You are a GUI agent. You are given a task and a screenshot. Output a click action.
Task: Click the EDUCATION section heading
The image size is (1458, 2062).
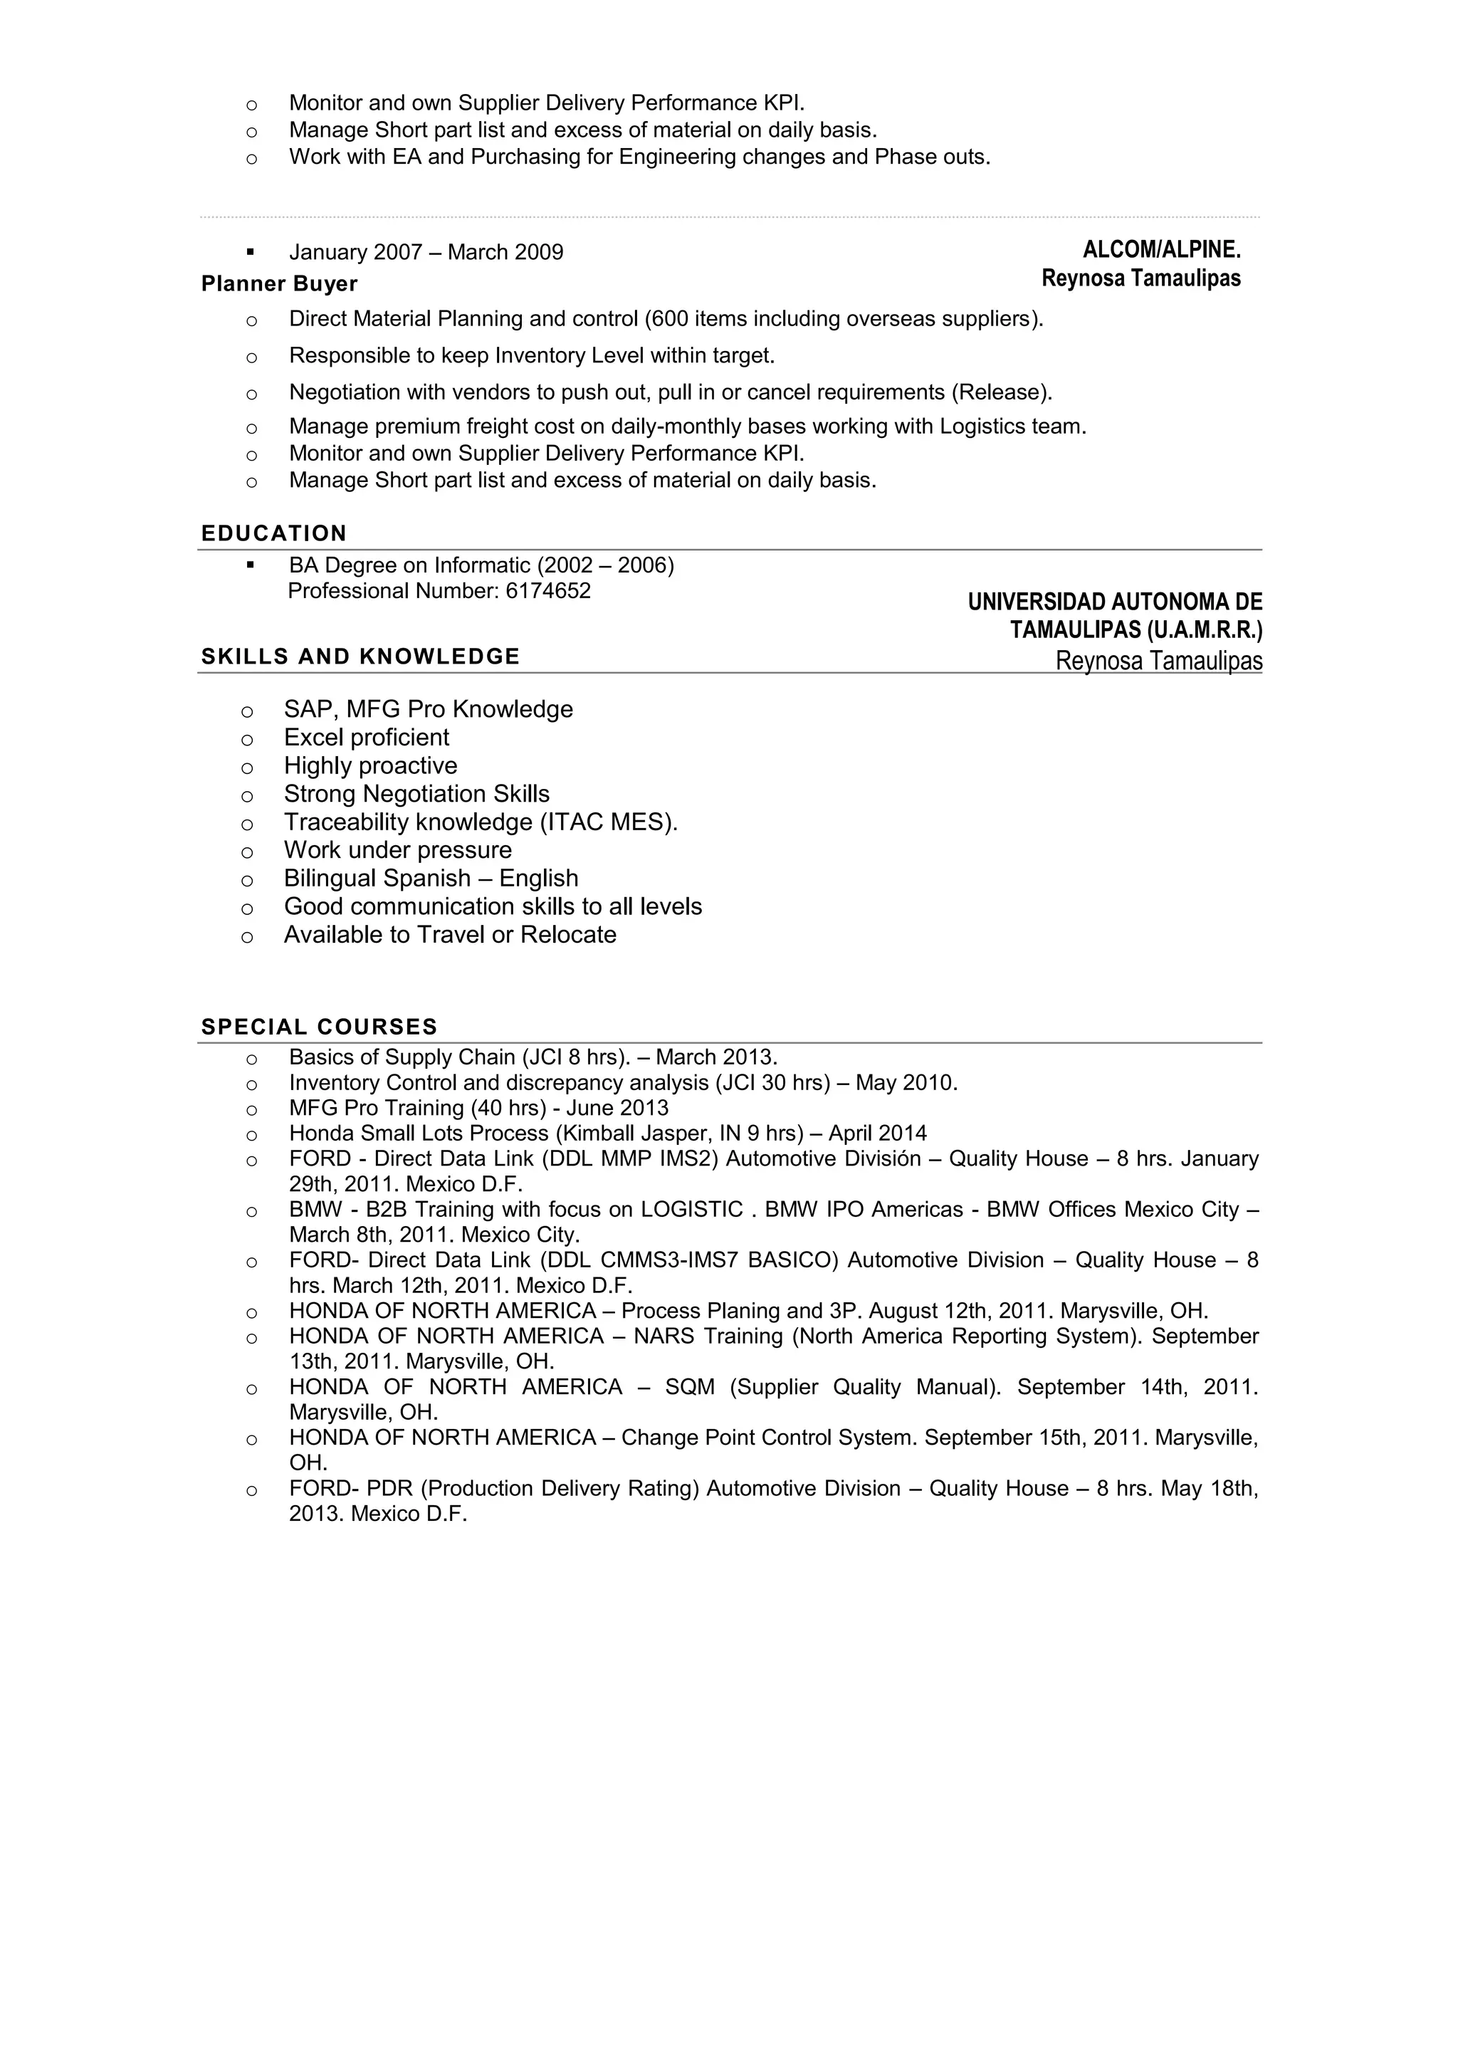tap(274, 533)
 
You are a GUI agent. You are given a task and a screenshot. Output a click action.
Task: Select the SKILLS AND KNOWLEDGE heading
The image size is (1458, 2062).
tap(360, 656)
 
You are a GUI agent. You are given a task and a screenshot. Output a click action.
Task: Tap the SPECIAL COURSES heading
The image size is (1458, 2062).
tap(319, 1027)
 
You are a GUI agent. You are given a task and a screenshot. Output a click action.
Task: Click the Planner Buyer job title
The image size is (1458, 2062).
tap(279, 284)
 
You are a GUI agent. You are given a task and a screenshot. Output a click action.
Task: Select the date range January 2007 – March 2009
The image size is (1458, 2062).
tap(426, 252)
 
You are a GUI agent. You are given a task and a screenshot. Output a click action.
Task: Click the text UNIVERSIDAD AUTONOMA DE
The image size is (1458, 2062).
tap(1114, 602)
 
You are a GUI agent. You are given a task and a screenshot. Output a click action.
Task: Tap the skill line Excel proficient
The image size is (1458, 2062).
tap(367, 738)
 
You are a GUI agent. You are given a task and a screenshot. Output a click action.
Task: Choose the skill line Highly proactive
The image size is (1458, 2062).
tap(370, 766)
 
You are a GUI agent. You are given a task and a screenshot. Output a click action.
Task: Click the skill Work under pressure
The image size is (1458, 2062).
tap(398, 850)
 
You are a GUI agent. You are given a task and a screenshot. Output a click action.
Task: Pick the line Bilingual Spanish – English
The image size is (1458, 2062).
tap(431, 879)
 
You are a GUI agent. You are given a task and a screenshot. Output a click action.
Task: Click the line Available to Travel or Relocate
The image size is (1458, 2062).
tap(450, 935)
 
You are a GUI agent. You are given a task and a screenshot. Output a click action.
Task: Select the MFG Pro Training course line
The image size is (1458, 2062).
tap(478, 1108)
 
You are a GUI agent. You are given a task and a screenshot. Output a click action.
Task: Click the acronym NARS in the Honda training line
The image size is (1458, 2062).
tap(664, 1336)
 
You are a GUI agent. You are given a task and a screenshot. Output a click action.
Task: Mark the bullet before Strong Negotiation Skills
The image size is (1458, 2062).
tap(247, 796)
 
